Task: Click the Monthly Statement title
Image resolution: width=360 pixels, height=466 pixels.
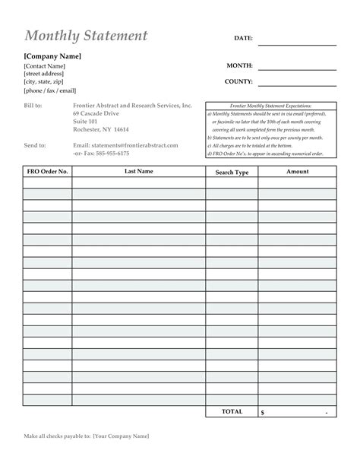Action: pyautogui.click(x=86, y=36)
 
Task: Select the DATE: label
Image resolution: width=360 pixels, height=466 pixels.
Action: pyautogui.click(x=243, y=37)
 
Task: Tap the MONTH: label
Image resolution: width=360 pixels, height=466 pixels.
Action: pyautogui.click(x=239, y=66)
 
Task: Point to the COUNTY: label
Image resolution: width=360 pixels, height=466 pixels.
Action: pyautogui.click(x=238, y=81)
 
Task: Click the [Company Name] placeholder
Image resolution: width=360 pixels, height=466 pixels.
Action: pyautogui.click(x=52, y=56)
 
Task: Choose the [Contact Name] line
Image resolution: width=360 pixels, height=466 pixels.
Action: pyautogui.click(x=44, y=66)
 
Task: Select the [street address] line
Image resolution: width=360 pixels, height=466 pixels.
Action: pyautogui.click(x=44, y=74)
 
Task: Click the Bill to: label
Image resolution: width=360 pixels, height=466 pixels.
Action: pyautogui.click(x=33, y=105)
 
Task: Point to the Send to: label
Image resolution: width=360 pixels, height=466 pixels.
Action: pyautogui.click(x=35, y=144)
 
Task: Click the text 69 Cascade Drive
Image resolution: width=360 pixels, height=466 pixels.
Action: pyautogui.click(x=97, y=113)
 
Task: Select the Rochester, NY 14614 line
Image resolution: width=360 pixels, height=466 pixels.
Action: pyautogui.click(x=101, y=129)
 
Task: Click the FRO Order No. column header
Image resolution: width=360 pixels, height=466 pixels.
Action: pyautogui.click(x=47, y=172)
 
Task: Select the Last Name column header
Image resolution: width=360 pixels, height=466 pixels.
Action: pyautogui.click(x=139, y=172)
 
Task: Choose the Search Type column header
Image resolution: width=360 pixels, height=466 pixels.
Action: pyautogui.click(x=232, y=173)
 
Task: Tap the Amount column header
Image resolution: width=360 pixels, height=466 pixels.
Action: pyautogui.click(x=297, y=172)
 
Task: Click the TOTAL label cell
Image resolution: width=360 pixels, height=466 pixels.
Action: pyautogui.click(x=232, y=411)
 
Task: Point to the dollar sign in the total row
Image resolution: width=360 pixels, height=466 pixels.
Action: pyautogui.click(x=263, y=412)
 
